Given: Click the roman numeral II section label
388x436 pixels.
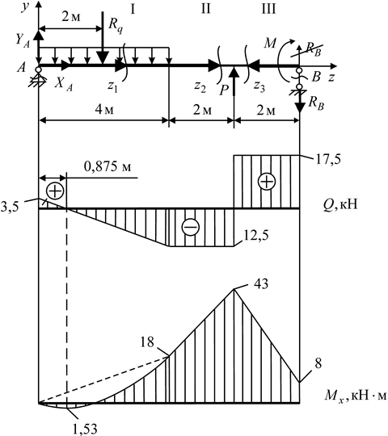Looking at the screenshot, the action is (x=205, y=9).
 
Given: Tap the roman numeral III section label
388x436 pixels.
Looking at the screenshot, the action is (x=268, y=9).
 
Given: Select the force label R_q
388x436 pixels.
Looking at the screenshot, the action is (x=116, y=26).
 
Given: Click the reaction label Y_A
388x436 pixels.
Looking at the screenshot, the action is (x=23, y=40).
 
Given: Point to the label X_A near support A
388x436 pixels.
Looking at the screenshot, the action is (x=64, y=84).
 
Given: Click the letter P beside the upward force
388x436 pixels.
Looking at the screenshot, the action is (x=224, y=90).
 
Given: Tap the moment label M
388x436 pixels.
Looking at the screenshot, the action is (x=269, y=43).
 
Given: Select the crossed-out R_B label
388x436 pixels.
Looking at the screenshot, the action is (x=314, y=50).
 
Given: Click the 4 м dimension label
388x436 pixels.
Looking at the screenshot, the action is (x=104, y=110).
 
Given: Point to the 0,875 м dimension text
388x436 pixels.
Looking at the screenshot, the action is (x=108, y=167).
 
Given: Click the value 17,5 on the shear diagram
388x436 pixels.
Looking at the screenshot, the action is (x=328, y=160).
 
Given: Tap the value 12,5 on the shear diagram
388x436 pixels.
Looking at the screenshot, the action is (x=256, y=236).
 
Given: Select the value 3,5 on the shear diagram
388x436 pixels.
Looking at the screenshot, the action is (x=10, y=208).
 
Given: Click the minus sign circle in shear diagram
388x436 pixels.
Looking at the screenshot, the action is (x=191, y=227).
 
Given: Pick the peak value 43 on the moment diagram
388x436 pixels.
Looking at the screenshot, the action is (x=261, y=283).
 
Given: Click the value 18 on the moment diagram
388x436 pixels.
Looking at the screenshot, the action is (x=146, y=342).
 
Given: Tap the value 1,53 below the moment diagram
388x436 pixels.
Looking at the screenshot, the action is (x=85, y=430).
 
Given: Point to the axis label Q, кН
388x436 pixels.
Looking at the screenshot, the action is (x=340, y=205).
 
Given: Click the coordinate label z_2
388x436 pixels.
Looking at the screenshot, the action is (x=200, y=86).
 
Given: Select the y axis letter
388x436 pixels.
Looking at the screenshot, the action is (x=26, y=6).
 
